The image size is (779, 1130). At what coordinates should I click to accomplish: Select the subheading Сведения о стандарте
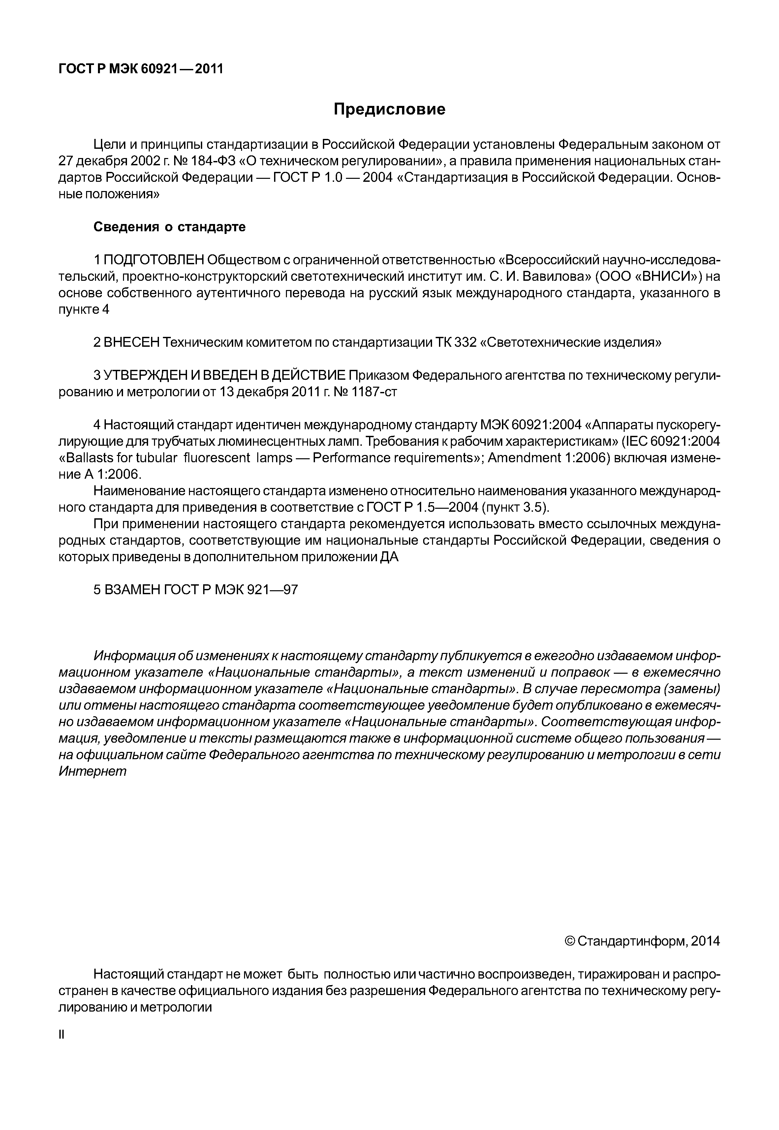point(170,227)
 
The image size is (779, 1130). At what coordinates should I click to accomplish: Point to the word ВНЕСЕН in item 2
point(132,343)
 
